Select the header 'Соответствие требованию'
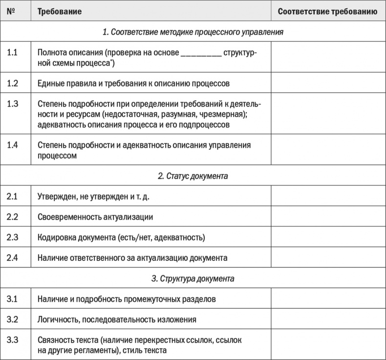(327, 11)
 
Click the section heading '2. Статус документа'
(193, 176)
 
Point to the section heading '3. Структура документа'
(193, 279)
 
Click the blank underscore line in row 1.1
(201, 54)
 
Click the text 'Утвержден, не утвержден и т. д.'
(93, 197)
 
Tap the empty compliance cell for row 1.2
(327, 84)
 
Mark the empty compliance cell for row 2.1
(327, 197)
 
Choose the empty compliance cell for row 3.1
(327, 299)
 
